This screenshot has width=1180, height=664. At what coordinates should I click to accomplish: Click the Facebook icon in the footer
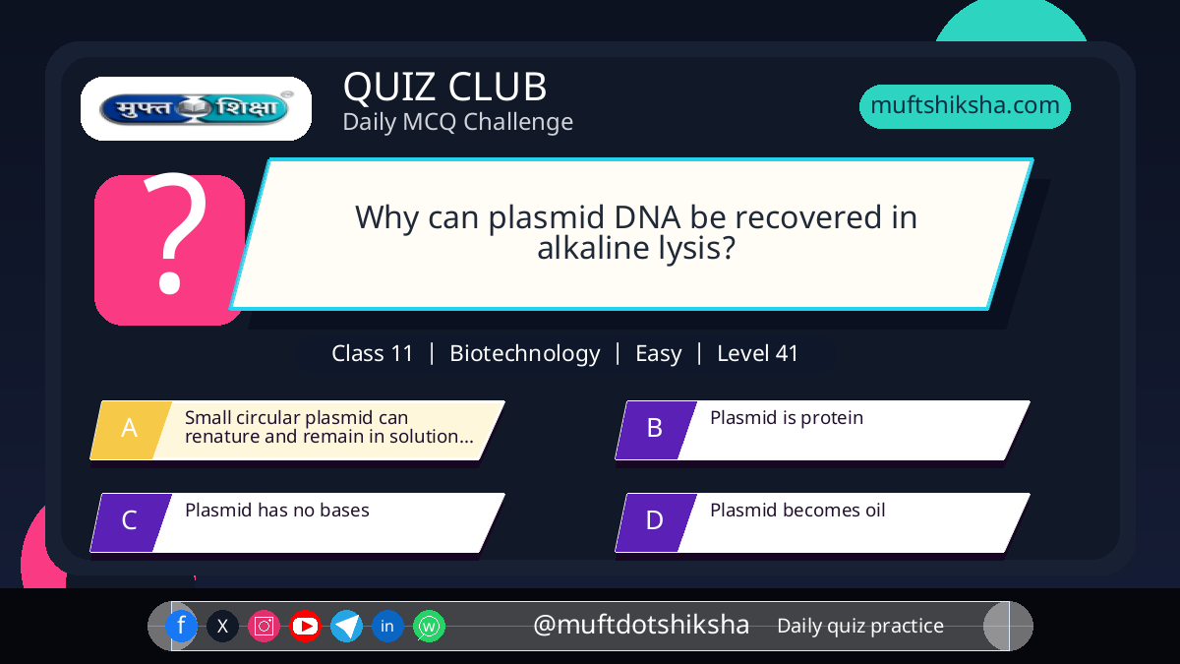point(181,626)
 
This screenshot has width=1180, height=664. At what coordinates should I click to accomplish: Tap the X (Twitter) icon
point(222,626)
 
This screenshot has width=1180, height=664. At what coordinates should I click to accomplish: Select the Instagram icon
point(264,626)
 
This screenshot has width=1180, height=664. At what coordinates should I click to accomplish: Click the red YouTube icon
point(305,626)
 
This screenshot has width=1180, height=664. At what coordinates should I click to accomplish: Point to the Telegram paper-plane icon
point(346,626)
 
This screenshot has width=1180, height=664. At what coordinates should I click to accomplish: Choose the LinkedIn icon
point(387,626)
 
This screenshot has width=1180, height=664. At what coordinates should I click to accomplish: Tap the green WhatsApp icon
point(429,626)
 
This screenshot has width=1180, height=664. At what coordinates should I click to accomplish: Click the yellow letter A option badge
point(131,430)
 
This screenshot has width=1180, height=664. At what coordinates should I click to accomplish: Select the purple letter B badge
point(656,430)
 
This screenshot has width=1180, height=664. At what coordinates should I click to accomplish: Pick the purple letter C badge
point(131,522)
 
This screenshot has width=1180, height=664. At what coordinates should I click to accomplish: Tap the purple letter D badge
point(656,522)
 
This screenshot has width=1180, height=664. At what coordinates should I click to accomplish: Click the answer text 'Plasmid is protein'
point(787,418)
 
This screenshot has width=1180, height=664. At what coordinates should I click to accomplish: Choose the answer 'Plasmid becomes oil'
point(797,511)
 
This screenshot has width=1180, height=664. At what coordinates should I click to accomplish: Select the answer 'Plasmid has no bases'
point(277,511)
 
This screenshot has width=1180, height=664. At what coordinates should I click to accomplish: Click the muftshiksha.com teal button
point(965,106)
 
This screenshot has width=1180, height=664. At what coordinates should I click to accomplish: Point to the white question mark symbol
point(174,233)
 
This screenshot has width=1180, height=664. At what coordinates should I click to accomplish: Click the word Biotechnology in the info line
point(525,353)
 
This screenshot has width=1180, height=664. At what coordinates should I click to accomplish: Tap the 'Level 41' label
point(757,353)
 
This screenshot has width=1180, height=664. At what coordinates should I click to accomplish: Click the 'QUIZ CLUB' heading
point(444,87)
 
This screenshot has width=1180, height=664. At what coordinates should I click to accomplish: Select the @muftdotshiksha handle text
point(641,625)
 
